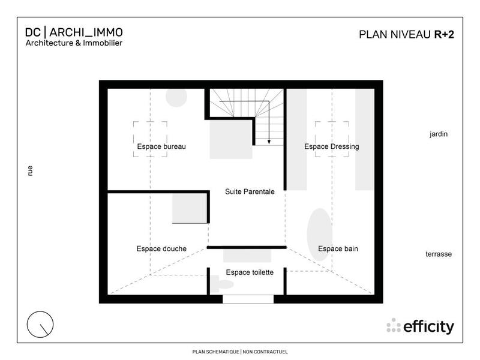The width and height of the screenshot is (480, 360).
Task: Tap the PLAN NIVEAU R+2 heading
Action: click(406, 34)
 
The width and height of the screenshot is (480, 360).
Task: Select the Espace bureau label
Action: click(161, 147)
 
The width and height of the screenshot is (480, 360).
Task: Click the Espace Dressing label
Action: click(331, 147)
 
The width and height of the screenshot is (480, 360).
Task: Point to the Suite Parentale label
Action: click(250, 192)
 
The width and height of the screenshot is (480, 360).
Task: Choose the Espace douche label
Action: click(161, 249)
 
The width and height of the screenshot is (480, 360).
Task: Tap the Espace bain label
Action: click(338, 249)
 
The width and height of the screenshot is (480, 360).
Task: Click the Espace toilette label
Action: click(250, 272)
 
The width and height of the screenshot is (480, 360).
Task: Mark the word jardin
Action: click(439, 134)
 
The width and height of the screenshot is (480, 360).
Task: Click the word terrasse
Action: click(439, 254)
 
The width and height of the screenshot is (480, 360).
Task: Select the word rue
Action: click(29, 171)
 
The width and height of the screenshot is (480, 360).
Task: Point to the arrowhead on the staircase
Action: click(269, 142)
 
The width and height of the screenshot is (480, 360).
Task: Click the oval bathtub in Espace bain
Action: click(319, 235)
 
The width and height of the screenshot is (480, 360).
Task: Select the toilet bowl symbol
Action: click(215, 284)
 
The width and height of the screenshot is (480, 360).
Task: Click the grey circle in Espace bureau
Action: click(176, 98)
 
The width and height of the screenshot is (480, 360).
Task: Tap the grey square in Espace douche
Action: click(190, 209)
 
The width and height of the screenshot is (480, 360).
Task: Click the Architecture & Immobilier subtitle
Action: click(74, 43)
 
